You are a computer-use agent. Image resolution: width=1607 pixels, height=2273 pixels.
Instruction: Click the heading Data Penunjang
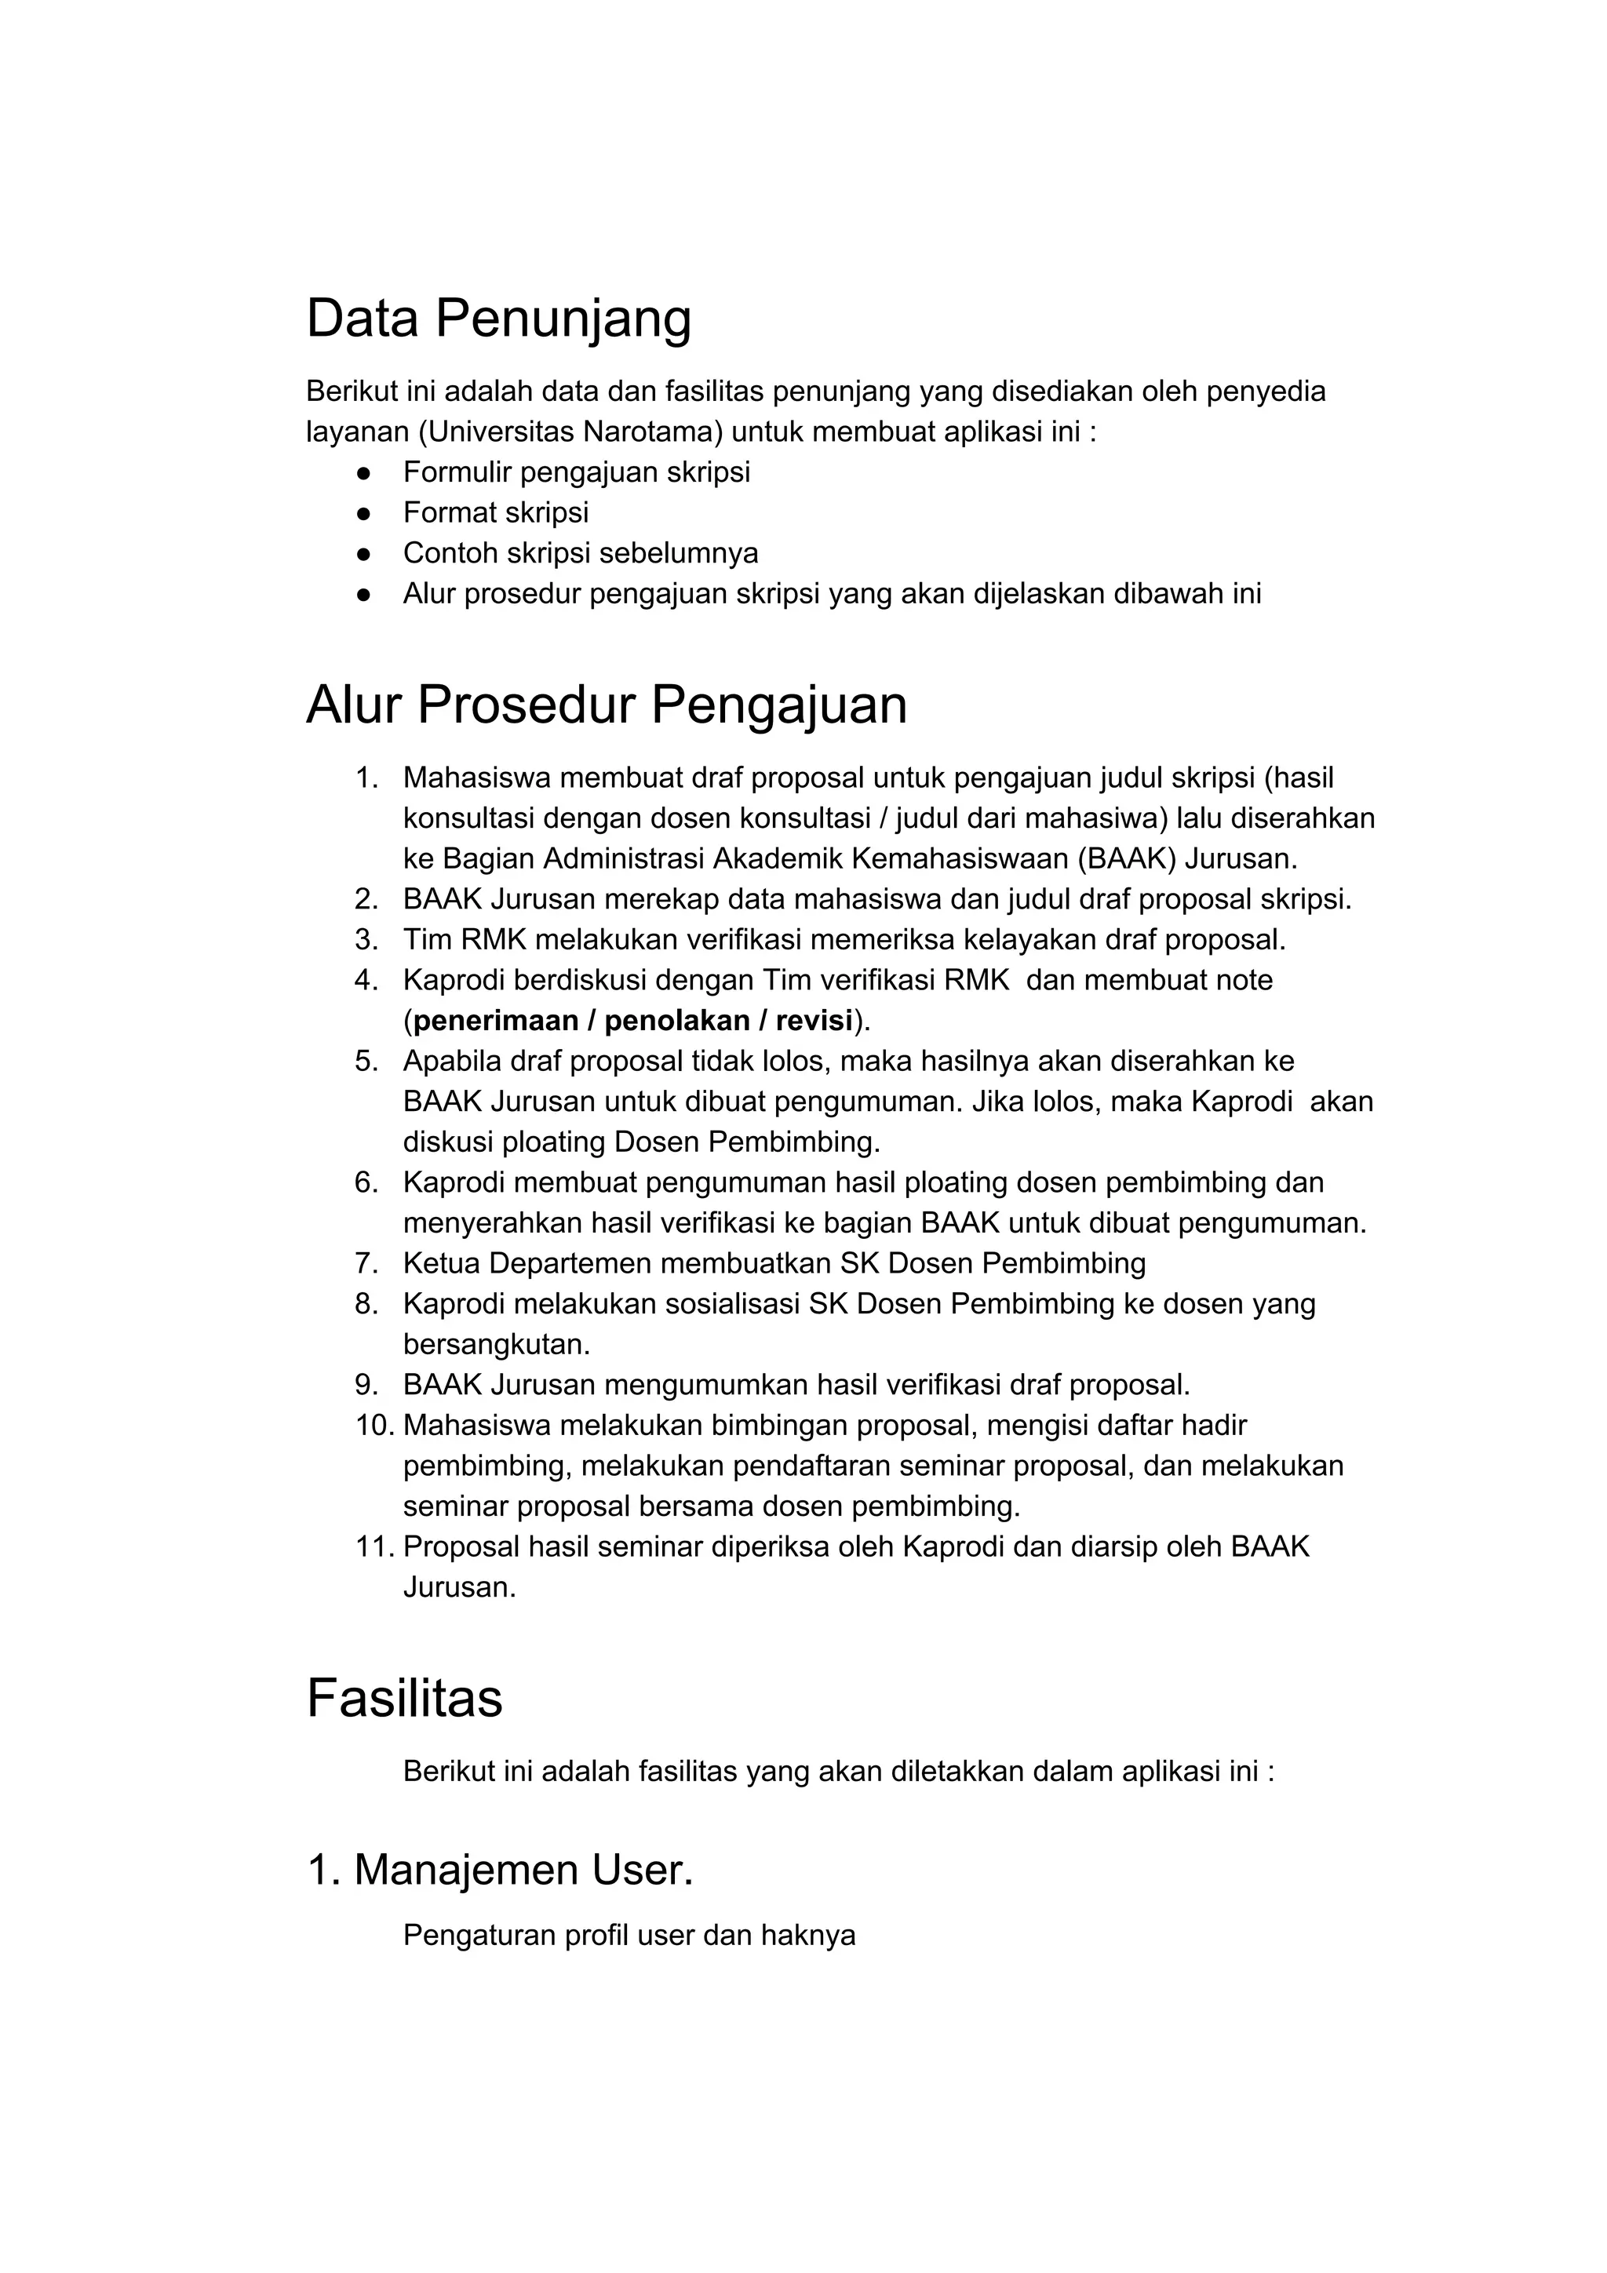tap(498, 319)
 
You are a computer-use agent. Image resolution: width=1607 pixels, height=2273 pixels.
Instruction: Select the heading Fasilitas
tap(404, 1698)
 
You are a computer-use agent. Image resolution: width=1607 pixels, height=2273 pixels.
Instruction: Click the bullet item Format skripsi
tap(495, 513)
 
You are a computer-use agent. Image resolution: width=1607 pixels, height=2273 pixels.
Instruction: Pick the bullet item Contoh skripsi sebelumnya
tap(580, 553)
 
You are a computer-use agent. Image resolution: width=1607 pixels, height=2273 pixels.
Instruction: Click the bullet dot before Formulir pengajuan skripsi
tap(363, 473)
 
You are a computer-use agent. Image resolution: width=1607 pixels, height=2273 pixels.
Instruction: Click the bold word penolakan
tap(680, 1021)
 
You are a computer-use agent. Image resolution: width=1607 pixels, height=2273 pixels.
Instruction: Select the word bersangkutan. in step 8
tap(496, 1344)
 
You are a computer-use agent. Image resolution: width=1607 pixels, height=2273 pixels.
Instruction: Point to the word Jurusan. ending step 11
tap(460, 1587)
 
